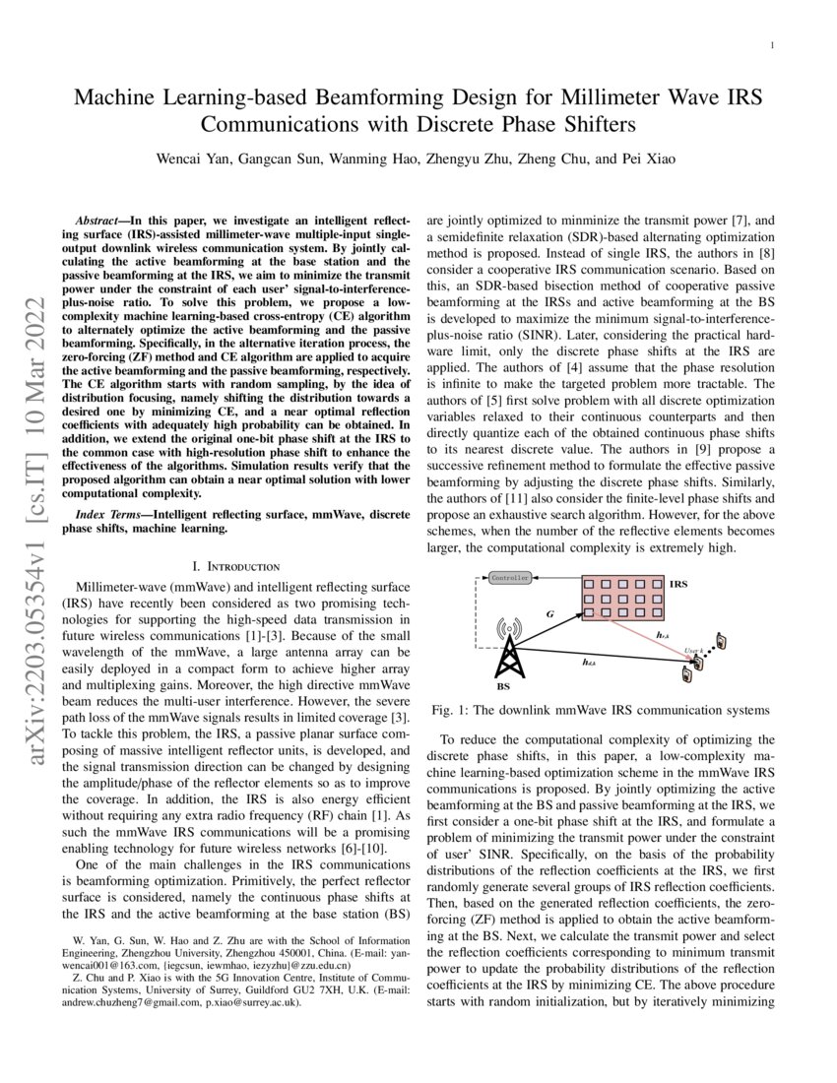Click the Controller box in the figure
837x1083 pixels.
point(510,578)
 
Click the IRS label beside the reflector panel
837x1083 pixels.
point(678,585)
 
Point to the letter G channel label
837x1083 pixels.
point(549,614)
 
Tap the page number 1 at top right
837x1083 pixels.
point(773,45)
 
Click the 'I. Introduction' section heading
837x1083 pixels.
point(237,566)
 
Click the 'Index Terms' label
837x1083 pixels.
point(113,515)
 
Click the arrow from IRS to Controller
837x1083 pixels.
point(556,578)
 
